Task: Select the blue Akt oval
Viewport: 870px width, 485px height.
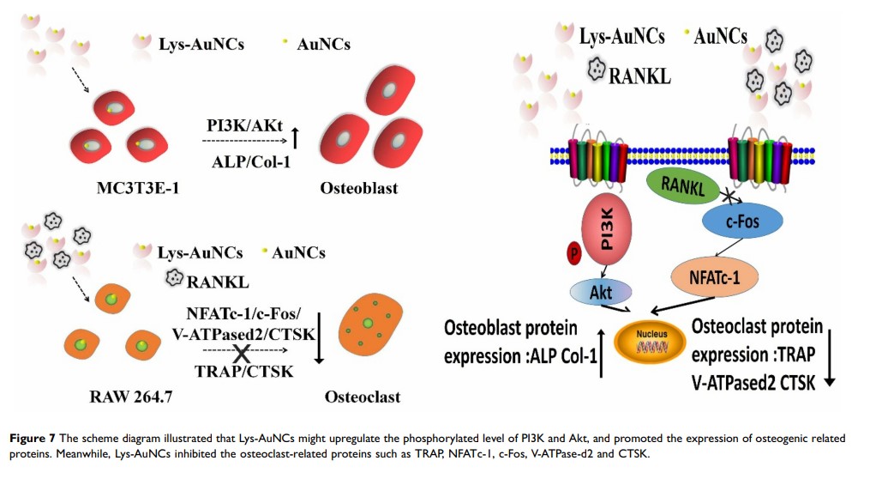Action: point(600,291)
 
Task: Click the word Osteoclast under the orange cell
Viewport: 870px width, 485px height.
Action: point(363,397)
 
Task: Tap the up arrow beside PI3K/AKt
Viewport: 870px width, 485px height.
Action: point(295,136)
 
